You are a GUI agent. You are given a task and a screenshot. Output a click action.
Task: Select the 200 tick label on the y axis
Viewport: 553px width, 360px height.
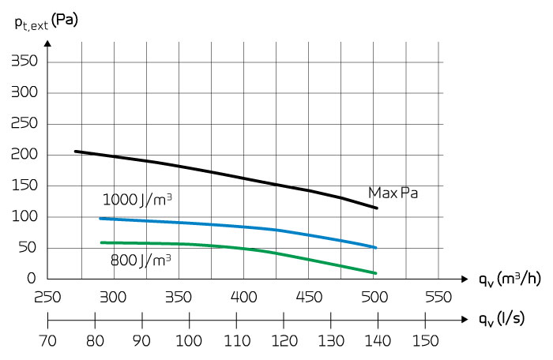pyautogui.click(x=26, y=155)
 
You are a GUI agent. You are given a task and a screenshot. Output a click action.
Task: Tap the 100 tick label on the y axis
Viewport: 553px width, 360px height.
pyautogui.click(x=26, y=217)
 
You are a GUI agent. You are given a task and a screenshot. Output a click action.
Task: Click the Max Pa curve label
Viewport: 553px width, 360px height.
pyautogui.click(x=393, y=193)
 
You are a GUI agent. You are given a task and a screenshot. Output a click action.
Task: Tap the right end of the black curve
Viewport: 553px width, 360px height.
pyautogui.click(x=377, y=208)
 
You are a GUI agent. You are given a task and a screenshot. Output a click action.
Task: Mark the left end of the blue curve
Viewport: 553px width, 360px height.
pyautogui.click(x=100, y=218)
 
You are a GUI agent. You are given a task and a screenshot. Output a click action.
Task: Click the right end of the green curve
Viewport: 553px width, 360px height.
pyautogui.click(x=376, y=273)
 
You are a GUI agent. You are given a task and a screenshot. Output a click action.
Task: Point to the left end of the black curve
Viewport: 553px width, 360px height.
pyautogui.click(x=75, y=151)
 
